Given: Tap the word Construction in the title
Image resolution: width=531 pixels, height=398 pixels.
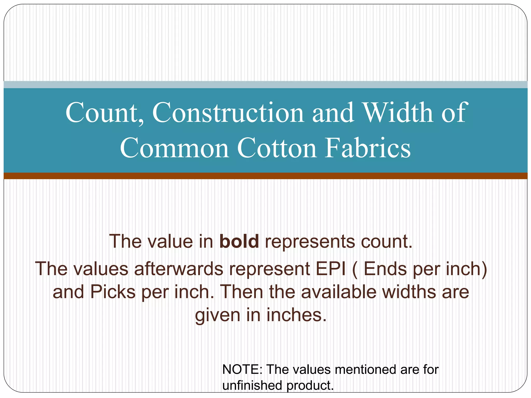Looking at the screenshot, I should [x=228, y=113].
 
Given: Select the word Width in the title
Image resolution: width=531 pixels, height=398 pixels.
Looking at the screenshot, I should [x=398, y=113].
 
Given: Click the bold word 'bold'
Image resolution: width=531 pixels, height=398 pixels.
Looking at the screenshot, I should [x=239, y=241].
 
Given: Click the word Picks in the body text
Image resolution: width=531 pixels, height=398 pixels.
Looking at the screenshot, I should [x=113, y=292].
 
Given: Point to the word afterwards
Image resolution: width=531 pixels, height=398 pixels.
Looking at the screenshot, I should [x=179, y=269].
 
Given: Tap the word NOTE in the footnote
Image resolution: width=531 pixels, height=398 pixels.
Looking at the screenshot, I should [x=242, y=369].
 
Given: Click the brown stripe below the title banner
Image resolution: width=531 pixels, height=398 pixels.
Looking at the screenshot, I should [x=265, y=176].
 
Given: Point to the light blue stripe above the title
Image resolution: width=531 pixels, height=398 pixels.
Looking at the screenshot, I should [x=265, y=84].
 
